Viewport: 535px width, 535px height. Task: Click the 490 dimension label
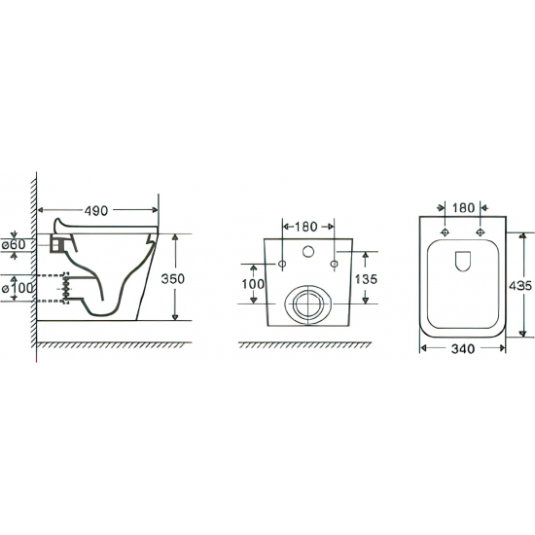pos(96,211)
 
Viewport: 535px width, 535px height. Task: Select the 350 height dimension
pos(172,279)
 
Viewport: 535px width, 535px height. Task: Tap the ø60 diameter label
pos(14,244)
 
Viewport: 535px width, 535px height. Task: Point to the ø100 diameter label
pos(18,288)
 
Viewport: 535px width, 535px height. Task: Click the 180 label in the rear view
pos(305,227)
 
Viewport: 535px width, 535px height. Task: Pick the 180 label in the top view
pos(463,208)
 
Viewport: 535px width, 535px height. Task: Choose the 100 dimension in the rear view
pos(253,284)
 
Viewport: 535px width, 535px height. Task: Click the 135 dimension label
pos(366,279)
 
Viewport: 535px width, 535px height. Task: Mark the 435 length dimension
pos(520,286)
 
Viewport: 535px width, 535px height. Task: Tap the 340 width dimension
pos(463,348)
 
